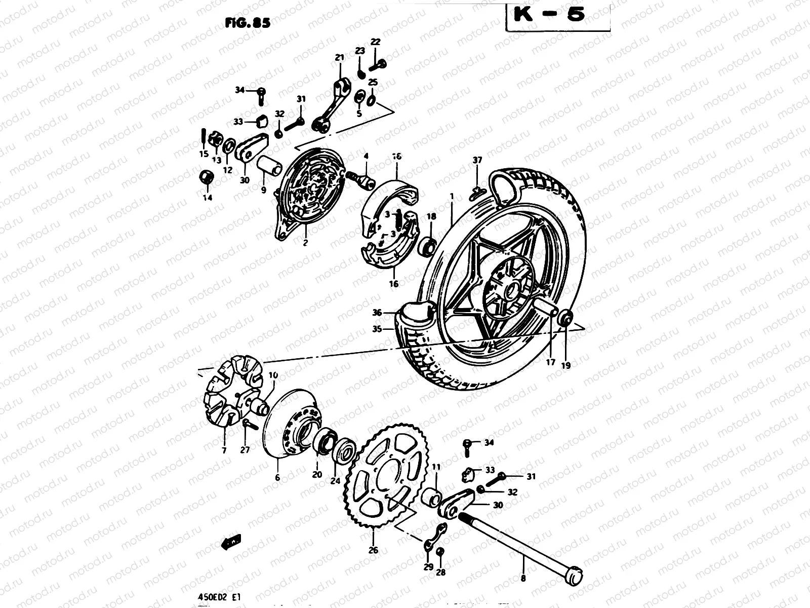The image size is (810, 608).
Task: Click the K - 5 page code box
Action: pyautogui.click(x=557, y=15)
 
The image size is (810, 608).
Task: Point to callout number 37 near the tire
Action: pyautogui.click(x=477, y=161)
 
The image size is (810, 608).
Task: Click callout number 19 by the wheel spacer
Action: pyautogui.click(x=566, y=365)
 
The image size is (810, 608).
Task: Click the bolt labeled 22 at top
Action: pyautogui.click(x=379, y=64)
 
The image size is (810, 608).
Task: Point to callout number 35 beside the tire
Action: pyautogui.click(x=377, y=329)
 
